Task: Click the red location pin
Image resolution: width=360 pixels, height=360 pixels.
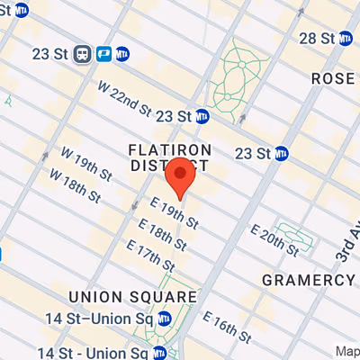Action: (x=181, y=175)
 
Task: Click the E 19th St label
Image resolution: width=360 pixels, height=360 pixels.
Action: (x=174, y=213)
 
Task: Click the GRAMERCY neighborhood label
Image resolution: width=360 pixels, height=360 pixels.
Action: (x=309, y=280)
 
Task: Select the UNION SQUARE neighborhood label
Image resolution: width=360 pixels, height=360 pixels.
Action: (x=132, y=296)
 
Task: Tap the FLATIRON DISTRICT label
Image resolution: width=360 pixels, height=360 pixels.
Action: (x=170, y=157)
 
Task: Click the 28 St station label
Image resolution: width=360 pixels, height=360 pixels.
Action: (x=318, y=38)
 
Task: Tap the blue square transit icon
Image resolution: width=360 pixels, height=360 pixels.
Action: (x=103, y=53)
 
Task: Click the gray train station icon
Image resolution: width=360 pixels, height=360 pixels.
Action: (x=83, y=53)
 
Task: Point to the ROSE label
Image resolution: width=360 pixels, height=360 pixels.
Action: (x=333, y=78)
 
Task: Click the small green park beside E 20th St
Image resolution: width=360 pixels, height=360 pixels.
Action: (x=298, y=235)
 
